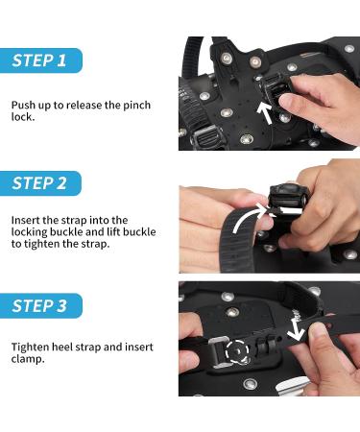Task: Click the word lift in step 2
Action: tap(113, 232)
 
